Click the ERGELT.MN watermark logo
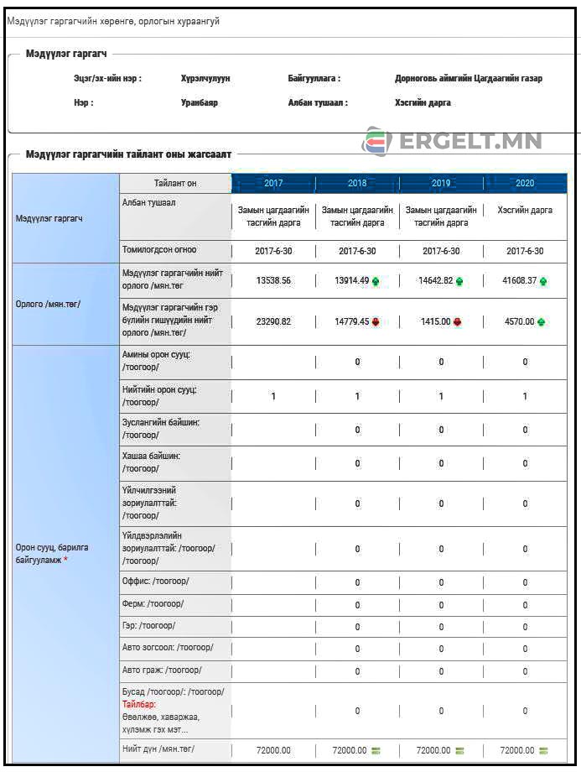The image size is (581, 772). click(x=452, y=142)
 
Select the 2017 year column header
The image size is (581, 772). click(x=273, y=183)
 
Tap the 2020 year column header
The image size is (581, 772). click(x=525, y=183)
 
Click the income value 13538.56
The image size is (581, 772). click(x=273, y=281)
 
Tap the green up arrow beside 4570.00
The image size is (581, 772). click(x=542, y=322)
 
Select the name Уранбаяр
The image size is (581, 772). click(x=199, y=102)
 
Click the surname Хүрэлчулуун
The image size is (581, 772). click(x=205, y=78)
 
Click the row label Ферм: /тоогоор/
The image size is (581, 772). click(x=153, y=603)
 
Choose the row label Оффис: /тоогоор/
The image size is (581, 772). click(x=155, y=581)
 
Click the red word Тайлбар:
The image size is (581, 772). click(x=139, y=705)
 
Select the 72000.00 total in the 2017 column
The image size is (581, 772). click(x=273, y=750)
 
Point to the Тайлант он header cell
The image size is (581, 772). click(x=175, y=183)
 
